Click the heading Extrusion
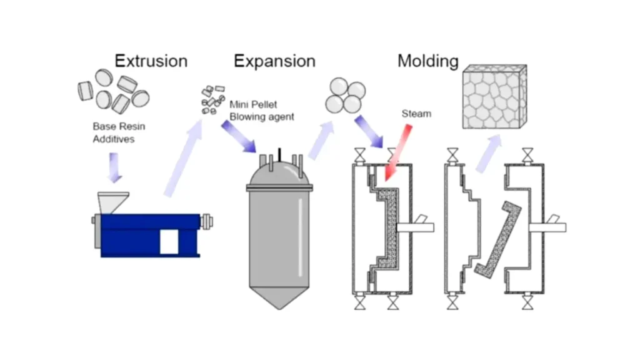point(151,61)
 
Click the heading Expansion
point(274,61)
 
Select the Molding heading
point(428,61)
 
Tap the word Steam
point(416,114)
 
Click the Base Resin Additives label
point(119,132)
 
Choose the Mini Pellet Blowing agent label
point(261,110)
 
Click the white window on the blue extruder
point(169,241)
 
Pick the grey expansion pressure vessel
point(278,231)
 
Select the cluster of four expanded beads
point(344,95)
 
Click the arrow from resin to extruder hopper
point(115,167)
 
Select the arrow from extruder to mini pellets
point(182,156)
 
